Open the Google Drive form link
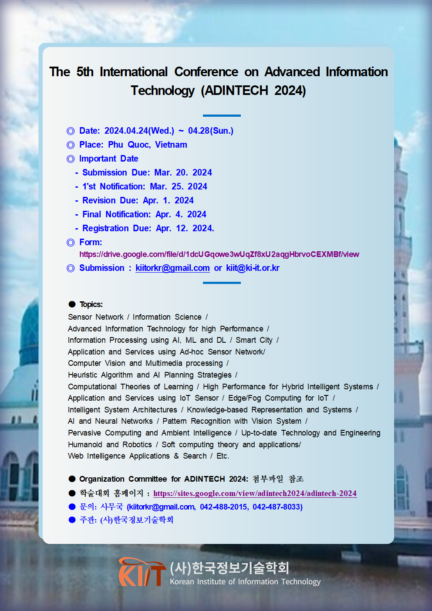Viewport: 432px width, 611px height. pos(219,254)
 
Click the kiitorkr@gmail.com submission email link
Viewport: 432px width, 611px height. pos(172,268)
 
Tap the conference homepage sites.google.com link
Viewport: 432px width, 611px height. pos(255,493)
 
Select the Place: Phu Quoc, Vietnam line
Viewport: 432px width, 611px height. pos(133,145)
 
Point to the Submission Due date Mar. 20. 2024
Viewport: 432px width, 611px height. pos(183,172)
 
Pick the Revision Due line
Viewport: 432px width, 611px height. pos(138,200)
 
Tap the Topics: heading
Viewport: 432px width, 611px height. pos(91,304)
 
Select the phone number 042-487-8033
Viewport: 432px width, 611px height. pos(277,507)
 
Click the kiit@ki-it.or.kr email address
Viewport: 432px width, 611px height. pos(253,268)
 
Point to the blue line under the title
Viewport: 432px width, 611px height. pos(222,115)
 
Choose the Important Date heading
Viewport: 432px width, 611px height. pos(108,159)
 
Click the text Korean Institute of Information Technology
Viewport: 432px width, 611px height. pos(245,582)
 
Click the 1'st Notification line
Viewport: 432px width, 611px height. pos(145,186)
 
